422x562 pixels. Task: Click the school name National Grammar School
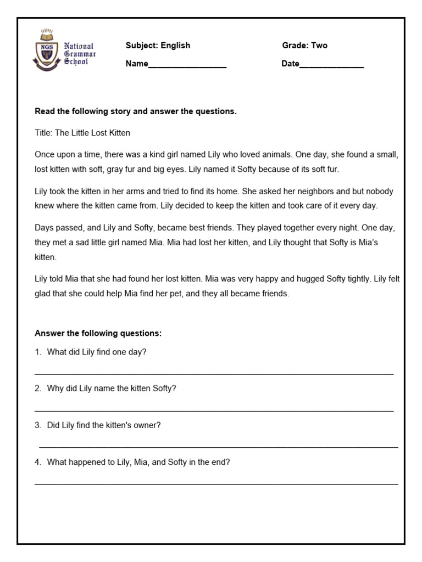tap(80, 54)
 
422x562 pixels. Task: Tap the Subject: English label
tap(158, 46)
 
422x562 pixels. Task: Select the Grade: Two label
tap(304, 46)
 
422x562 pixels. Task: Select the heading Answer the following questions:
tap(98, 333)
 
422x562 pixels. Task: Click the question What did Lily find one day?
tap(97, 352)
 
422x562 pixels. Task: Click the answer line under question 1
tap(214, 374)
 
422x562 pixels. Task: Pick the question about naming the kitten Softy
tap(112, 388)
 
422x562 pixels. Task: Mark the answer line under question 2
tap(214, 411)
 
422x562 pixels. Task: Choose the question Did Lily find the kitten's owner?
tap(104, 425)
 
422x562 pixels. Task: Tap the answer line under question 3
tap(218, 447)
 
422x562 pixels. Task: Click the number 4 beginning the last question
tap(37, 462)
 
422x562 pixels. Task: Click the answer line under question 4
tap(216, 484)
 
